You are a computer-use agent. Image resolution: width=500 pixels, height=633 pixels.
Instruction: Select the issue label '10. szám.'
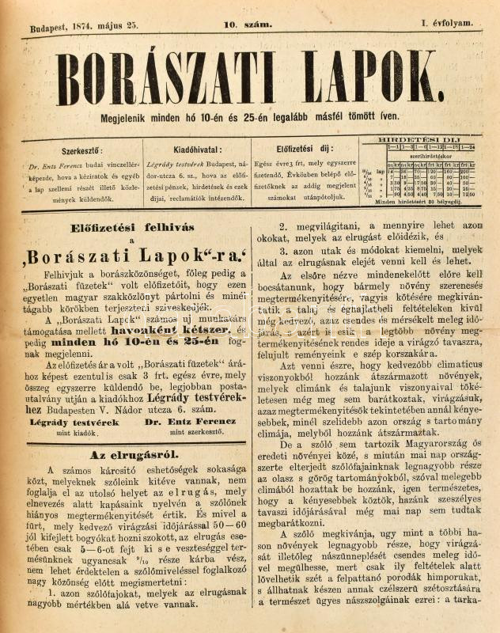248,25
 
